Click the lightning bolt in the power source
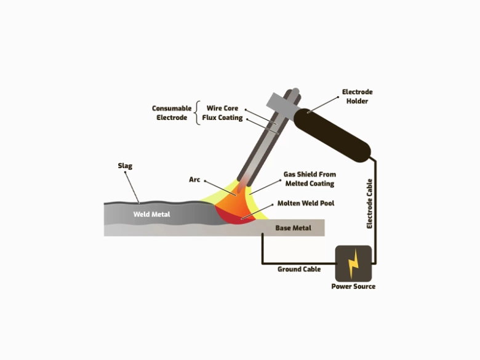353,263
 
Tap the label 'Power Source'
353,286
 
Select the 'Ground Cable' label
299,269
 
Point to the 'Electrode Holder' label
357,97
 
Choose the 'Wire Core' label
222,108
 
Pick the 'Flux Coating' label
222,118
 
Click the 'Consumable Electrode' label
170,113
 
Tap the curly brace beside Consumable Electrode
198,113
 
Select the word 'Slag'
125,166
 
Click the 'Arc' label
194,180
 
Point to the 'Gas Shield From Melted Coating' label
309,179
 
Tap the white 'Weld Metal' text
151,215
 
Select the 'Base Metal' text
293,228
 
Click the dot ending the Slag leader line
140,201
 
